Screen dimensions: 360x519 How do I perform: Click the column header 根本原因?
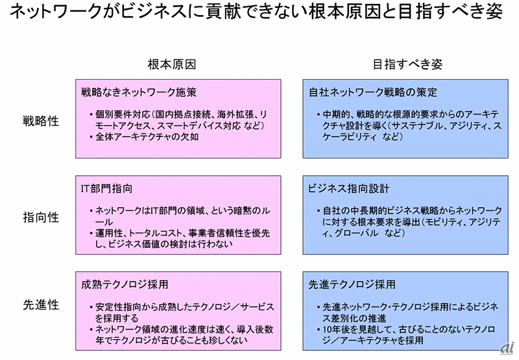[171, 65]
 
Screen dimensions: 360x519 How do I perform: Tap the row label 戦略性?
[42, 121]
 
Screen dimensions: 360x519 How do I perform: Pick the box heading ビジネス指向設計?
[349, 189]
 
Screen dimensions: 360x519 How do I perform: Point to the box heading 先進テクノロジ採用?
[354, 285]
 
